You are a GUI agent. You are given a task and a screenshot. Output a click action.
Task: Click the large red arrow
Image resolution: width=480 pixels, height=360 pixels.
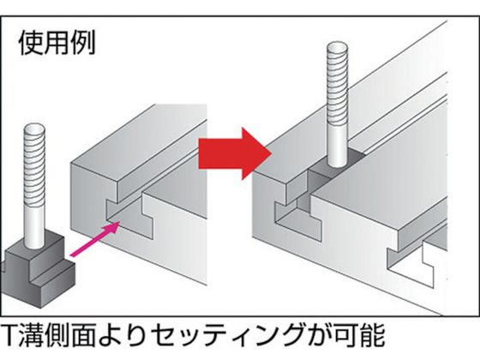coord(235,153)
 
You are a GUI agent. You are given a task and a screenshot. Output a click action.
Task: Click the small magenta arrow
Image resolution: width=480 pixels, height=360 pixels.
coord(95,239)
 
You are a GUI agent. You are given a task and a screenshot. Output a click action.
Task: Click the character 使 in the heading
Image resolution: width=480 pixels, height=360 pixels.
coord(31,43)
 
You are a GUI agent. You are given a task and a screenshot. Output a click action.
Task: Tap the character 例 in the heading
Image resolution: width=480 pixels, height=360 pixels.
coord(82,43)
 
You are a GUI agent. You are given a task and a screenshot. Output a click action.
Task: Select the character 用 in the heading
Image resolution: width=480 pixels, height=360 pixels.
coord(57,43)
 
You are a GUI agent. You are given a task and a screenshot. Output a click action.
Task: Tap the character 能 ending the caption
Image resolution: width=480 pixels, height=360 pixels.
coord(373,335)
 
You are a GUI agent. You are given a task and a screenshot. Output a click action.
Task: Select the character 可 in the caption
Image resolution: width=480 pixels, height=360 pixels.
coord(346,335)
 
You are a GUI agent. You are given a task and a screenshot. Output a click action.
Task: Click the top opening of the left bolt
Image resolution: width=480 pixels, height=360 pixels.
coord(34,129)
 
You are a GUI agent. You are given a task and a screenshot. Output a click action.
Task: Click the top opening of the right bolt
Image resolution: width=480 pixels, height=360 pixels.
coord(338,48)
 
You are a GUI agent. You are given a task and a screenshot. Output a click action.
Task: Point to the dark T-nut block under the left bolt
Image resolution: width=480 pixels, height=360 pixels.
coord(39,269)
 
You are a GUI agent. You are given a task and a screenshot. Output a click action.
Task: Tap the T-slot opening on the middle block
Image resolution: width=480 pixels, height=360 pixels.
coord(130,216)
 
